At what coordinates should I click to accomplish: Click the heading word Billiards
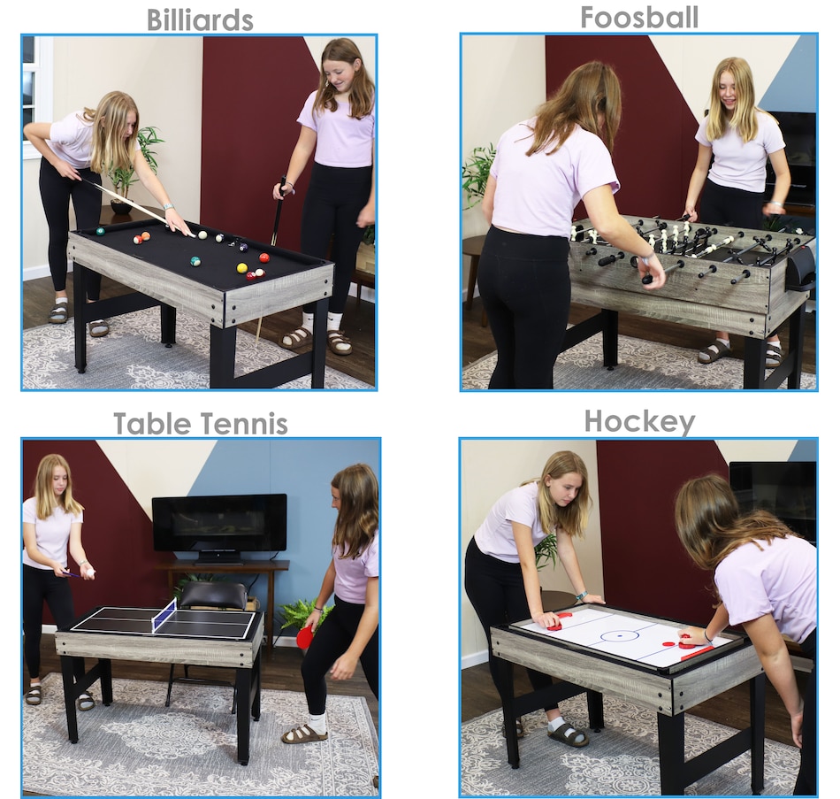point(200,20)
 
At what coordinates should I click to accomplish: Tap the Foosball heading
point(639,17)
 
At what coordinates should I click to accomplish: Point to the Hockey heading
point(639,421)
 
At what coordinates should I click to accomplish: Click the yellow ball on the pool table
point(242,267)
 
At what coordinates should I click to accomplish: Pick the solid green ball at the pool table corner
point(100,231)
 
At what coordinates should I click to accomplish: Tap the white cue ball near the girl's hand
point(202,234)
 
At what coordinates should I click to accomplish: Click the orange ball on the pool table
point(264,257)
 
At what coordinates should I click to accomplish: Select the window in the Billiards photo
point(37,96)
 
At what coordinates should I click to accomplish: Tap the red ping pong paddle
point(305,637)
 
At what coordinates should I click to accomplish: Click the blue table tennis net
point(164,615)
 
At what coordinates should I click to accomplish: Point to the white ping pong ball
point(89,574)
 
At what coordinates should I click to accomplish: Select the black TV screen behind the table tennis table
point(219,523)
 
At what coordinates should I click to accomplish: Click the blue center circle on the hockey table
point(620,636)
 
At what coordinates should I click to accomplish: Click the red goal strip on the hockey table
point(697,654)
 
